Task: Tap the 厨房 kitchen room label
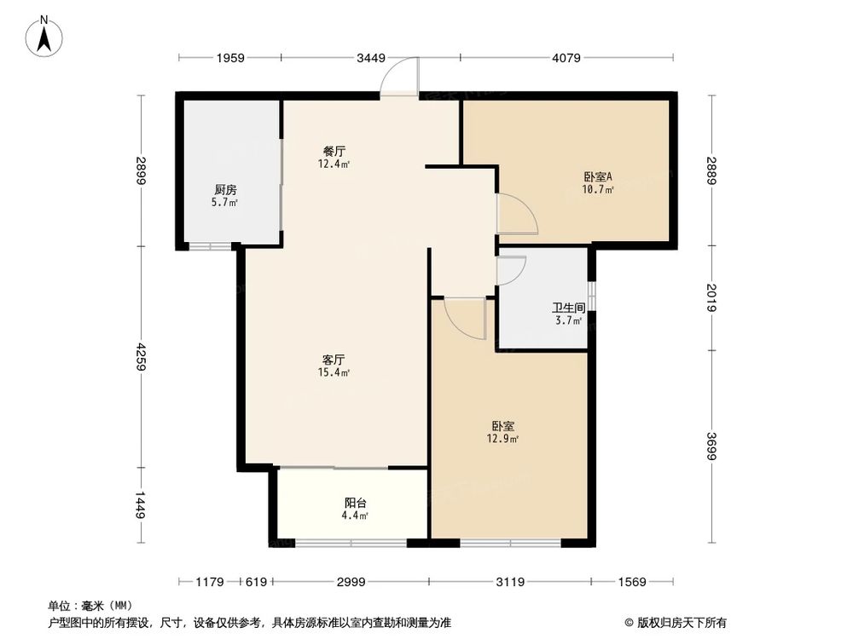pos(226,190)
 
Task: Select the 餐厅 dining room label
pos(334,151)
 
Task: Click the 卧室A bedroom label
pos(598,177)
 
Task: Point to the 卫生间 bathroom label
pos(567,308)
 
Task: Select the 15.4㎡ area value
pos(334,372)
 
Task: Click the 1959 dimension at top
pos(230,58)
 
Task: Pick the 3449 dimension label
pos(371,58)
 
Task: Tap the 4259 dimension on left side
pos(141,356)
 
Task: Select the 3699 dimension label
pos(711,445)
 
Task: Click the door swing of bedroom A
pos(515,214)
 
